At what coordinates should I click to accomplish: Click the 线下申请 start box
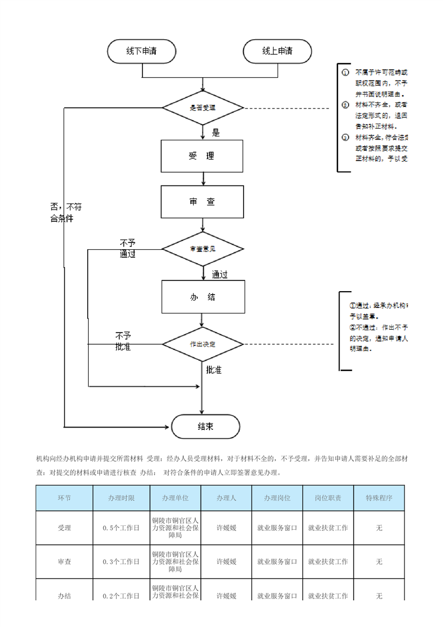141,51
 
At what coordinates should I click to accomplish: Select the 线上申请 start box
277,51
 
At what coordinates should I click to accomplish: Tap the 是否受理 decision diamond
203,108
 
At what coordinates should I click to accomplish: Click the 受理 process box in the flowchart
202,156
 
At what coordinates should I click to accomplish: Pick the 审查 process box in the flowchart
202,202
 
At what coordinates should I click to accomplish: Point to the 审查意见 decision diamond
203,248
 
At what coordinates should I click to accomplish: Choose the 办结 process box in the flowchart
202,297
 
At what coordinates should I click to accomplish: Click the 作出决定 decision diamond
203,344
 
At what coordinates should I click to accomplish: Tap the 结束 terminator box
205,427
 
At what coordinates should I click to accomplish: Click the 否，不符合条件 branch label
62,212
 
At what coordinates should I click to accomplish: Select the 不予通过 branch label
127,248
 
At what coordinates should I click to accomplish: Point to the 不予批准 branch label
123,341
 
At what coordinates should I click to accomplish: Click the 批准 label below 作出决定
214,370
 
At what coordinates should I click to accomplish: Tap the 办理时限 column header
121,498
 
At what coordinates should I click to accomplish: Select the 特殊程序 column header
379,498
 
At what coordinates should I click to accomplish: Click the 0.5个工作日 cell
121,527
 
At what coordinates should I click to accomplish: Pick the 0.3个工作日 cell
121,561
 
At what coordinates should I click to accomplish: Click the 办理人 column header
226,498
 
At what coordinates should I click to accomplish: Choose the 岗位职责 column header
328,498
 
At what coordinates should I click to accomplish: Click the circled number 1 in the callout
345,72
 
